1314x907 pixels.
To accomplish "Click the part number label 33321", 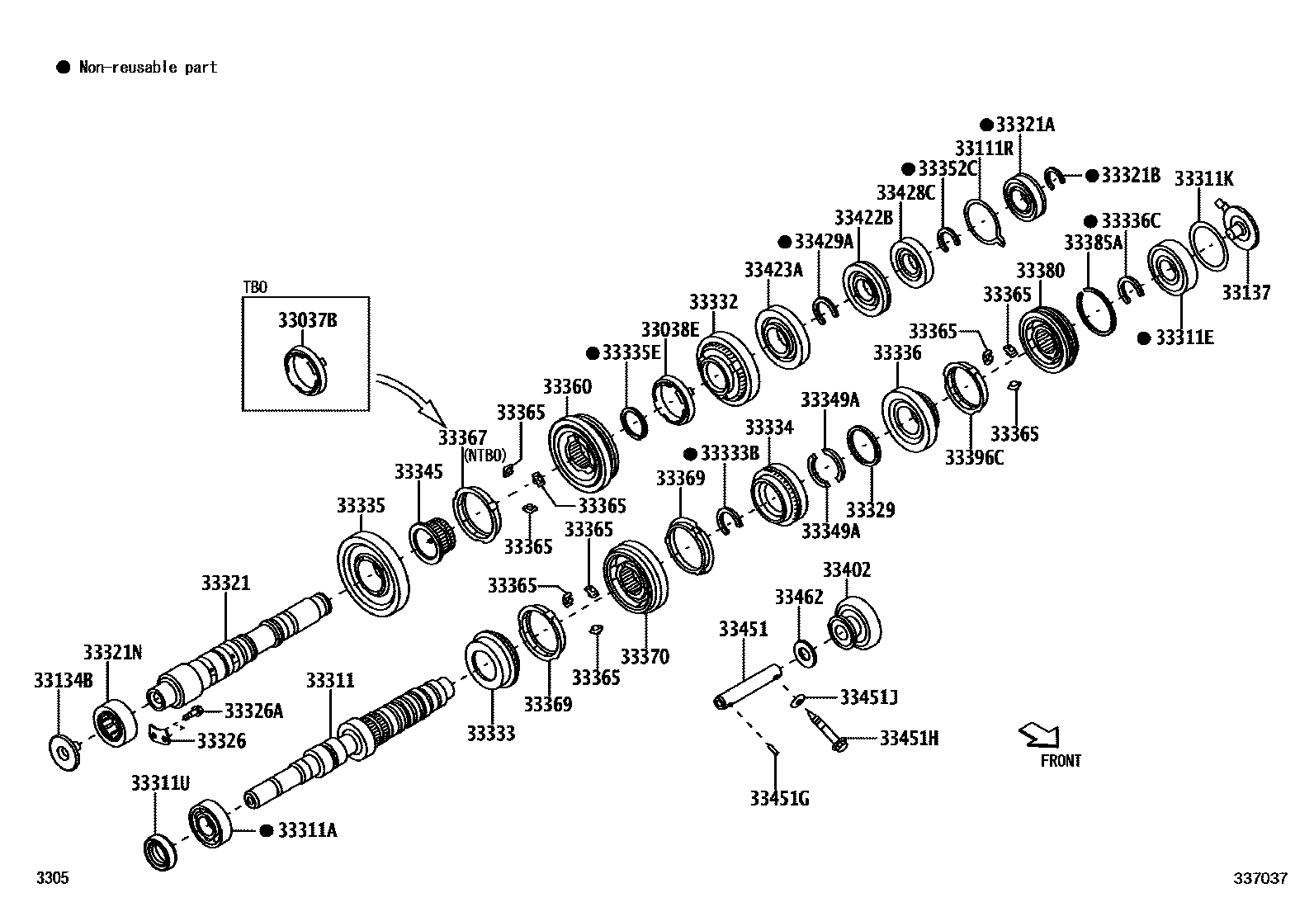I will pos(225,583).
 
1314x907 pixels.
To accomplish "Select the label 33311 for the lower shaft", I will pos(330,681).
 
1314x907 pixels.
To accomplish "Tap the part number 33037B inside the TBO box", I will pos(307,320).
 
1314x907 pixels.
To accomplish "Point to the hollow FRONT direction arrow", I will pos(1039,735).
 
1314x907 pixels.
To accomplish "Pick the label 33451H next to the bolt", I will pos(909,739).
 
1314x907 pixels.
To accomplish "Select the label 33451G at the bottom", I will pos(779,799).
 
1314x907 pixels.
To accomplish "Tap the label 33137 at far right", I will pos(1246,293).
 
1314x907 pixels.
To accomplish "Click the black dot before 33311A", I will pos(266,830).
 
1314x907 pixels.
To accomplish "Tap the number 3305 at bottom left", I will pos(52,879).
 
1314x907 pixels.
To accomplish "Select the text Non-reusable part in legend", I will pos(148,68).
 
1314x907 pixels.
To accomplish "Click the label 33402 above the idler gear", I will pos(846,570).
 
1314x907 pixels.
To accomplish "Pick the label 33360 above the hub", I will pos(567,387).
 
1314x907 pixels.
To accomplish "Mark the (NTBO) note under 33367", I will pos(484,455).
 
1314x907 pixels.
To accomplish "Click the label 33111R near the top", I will pos(984,149).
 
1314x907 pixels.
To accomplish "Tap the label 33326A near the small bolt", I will pos(253,711).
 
